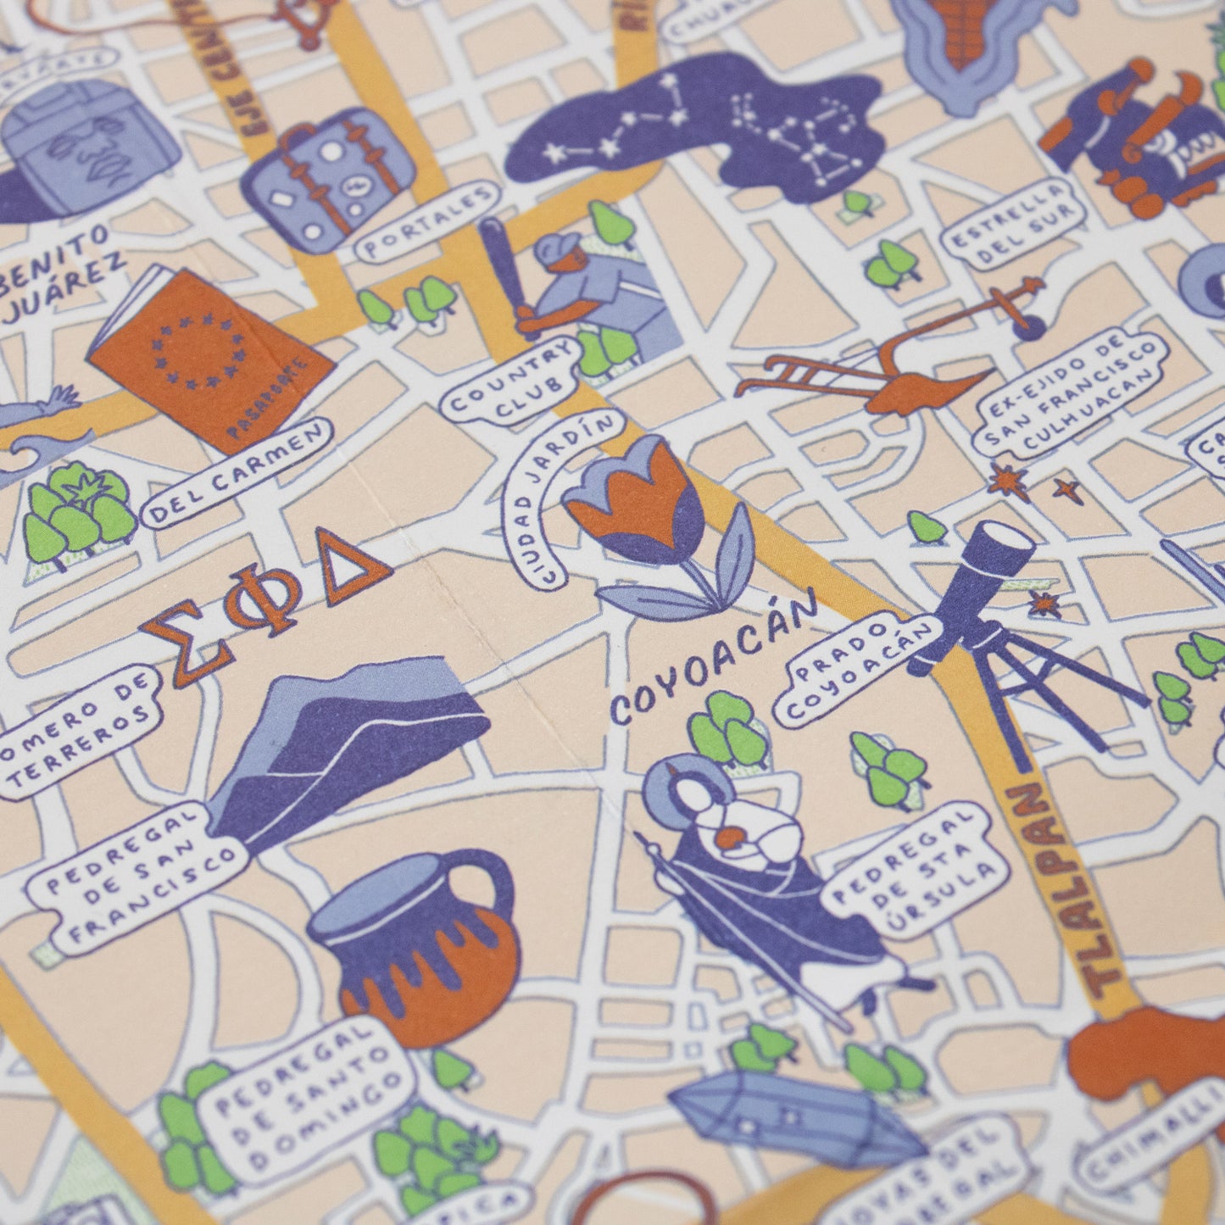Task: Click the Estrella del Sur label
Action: coord(1016,223)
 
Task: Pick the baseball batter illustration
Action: coord(585,288)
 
